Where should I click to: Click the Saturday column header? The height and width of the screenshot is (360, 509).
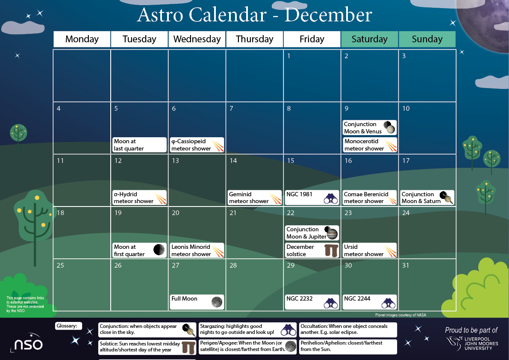click(x=369, y=39)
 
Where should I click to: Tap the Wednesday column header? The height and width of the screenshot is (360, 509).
click(x=197, y=39)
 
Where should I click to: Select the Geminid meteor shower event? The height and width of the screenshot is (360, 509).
click(x=255, y=198)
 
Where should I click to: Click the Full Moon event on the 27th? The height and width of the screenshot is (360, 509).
click(x=197, y=301)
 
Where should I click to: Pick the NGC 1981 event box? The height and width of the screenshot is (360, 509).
click(x=312, y=198)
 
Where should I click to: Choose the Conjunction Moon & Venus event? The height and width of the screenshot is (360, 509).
click(x=370, y=127)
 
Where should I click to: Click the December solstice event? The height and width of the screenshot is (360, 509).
click(x=312, y=250)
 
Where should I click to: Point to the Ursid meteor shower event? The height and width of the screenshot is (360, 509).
click(x=370, y=250)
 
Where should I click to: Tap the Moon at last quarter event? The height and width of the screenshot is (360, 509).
click(x=139, y=145)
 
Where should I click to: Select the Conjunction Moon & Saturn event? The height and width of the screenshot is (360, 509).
click(x=427, y=198)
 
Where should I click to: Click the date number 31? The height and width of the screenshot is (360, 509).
click(x=406, y=266)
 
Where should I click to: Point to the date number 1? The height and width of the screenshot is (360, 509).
click(x=289, y=56)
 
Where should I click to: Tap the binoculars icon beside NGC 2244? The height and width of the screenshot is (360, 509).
click(x=388, y=303)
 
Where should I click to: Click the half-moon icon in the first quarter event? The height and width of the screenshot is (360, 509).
click(x=159, y=250)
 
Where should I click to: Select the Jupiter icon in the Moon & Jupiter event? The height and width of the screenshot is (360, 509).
click(x=332, y=234)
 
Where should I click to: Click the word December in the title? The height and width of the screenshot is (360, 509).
click(x=328, y=15)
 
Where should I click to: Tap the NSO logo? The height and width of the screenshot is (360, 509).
click(x=27, y=343)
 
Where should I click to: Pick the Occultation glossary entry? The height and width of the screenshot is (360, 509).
click(x=348, y=329)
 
